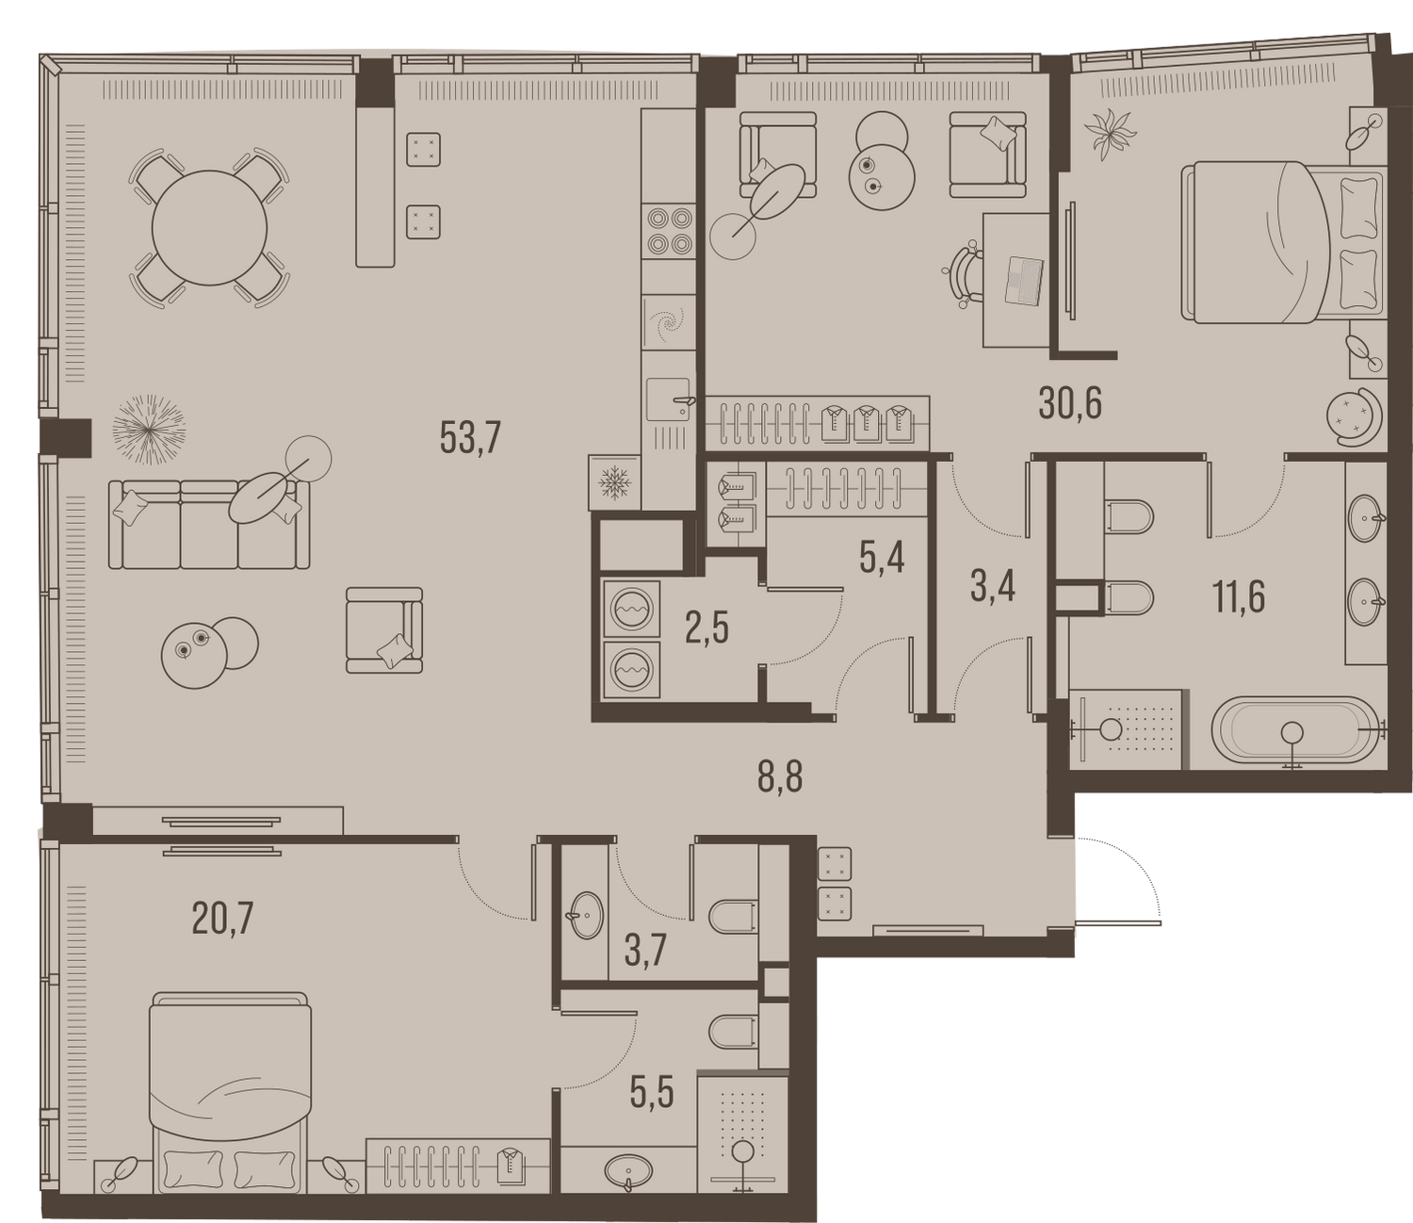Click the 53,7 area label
coord(471,437)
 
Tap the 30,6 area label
coord(1070,404)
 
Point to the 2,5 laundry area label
coord(706,628)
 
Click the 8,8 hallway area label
coord(780,776)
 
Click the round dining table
coord(208,228)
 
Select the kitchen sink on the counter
coord(669,400)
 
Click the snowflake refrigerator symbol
coord(614,482)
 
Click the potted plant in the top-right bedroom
coord(1111,134)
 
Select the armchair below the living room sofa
coord(384,629)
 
